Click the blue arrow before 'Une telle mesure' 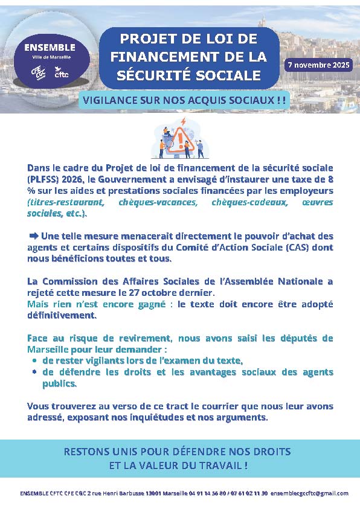pos(33,235)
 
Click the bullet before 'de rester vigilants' pos(33,361)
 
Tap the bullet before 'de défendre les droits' pos(33,373)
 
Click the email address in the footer pos(309,493)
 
